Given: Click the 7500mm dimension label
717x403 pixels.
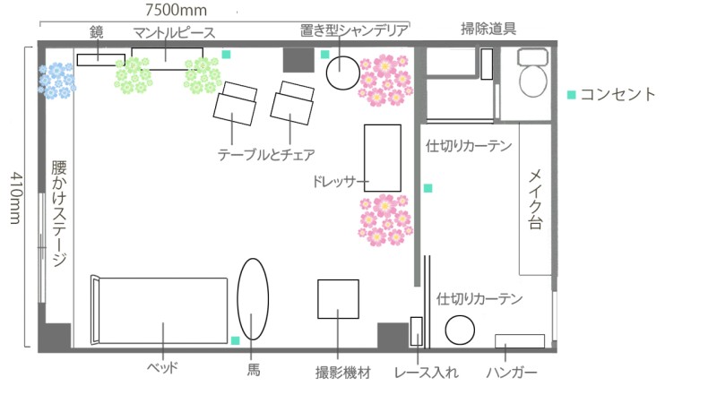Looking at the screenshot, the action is tap(176, 10).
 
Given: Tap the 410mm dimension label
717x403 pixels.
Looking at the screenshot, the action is tap(15, 198).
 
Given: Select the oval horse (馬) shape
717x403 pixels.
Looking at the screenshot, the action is tap(253, 299).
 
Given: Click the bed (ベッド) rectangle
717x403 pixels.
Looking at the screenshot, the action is tap(160, 310).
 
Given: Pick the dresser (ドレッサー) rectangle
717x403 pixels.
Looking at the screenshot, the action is tap(383, 159).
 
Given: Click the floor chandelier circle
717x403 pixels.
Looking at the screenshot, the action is tap(343, 73).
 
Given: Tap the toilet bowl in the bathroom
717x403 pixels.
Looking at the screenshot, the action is tap(533, 81).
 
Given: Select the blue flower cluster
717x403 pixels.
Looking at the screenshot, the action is tap(56, 81).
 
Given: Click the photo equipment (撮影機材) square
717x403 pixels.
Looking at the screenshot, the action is tap(339, 299).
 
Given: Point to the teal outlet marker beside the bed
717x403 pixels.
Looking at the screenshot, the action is tap(236, 340).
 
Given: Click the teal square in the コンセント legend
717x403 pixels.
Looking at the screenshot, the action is tap(572, 95).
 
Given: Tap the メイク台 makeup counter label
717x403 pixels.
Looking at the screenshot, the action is tap(535, 199).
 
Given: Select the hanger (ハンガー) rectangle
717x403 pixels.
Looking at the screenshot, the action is tap(520, 341).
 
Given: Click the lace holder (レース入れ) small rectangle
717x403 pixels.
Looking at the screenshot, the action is tap(417, 331).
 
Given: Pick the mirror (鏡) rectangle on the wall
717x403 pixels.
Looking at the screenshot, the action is tap(101, 60).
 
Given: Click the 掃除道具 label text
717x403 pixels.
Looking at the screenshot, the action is tap(488, 29).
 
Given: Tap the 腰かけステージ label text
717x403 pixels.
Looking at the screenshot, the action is tap(59, 213).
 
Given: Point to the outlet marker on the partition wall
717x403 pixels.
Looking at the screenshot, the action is tap(428, 188).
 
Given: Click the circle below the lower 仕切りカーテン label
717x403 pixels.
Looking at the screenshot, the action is tap(460, 330).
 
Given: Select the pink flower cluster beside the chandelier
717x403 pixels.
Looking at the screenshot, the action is tap(386, 81).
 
